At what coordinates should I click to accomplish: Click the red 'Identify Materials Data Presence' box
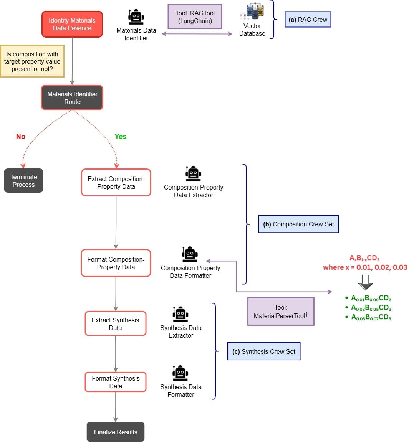[72, 24]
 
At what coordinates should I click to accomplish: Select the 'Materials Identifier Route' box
[72, 98]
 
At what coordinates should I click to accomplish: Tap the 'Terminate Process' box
[23, 181]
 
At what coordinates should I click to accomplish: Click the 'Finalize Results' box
[116, 432]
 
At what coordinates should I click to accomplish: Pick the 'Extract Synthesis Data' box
[116, 324]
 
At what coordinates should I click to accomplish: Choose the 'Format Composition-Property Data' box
[116, 263]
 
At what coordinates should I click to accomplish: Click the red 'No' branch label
[21, 137]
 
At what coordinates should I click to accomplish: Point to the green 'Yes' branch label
[120, 137]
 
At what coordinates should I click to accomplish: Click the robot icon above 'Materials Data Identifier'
[136, 17]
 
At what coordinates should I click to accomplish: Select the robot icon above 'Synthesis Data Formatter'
[180, 373]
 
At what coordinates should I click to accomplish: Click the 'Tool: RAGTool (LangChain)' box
[195, 17]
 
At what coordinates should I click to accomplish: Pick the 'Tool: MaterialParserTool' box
[281, 312]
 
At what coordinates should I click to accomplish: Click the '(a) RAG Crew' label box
[308, 20]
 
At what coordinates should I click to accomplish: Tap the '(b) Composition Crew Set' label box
[298, 224]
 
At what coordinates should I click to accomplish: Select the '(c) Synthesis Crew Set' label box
[263, 351]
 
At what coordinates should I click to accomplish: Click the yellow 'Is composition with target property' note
[32, 61]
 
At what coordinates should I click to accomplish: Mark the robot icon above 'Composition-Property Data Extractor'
[193, 174]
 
